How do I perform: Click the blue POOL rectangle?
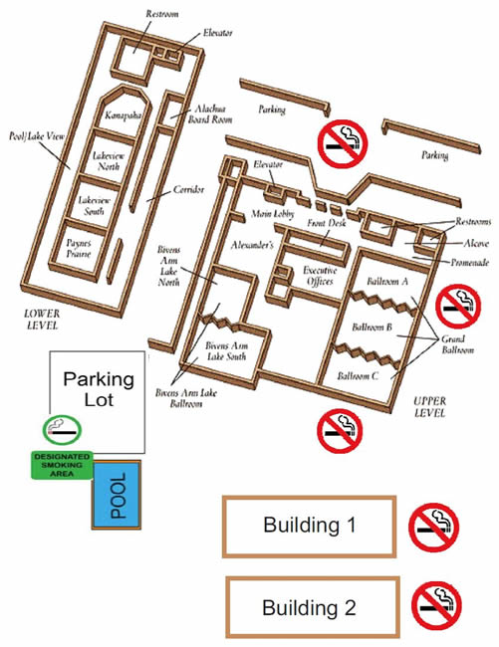click(x=117, y=495)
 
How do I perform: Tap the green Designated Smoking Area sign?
click(x=62, y=465)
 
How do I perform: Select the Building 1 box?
click(x=309, y=527)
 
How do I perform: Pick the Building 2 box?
click(x=313, y=607)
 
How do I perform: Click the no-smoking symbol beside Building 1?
click(x=434, y=528)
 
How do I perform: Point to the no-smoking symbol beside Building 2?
click(x=436, y=606)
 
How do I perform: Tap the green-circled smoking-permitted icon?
click(x=62, y=430)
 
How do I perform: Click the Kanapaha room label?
click(x=123, y=114)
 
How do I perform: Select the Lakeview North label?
click(x=109, y=161)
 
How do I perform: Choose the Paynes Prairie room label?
click(x=79, y=249)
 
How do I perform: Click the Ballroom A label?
click(x=387, y=282)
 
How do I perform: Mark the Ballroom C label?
click(x=358, y=376)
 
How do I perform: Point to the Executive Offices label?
click(x=320, y=276)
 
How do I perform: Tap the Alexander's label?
click(x=252, y=245)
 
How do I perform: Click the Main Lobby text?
click(x=273, y=214)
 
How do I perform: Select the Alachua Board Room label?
click(x=210, y=114)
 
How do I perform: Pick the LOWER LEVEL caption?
click(x=42, y=320)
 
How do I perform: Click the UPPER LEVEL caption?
click(x=429, y=407)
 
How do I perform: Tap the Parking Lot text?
click(x=99, y=389)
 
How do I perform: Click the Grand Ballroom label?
click(x=458, y=344)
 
